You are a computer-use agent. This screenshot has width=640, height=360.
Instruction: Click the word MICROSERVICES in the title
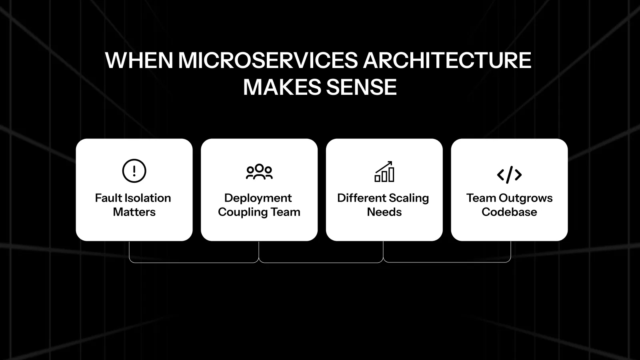coord(268,61)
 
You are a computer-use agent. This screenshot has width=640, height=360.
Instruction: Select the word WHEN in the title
coord(139,61)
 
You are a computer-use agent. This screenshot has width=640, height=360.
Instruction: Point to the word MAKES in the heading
coord(282,88)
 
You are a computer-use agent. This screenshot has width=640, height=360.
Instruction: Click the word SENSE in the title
coord(361,88)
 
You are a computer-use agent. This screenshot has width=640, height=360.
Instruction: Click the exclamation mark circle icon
coord(134,171)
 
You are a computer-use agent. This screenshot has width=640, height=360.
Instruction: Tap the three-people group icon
coord(259,172)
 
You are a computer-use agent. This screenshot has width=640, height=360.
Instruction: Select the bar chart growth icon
coord(384,172)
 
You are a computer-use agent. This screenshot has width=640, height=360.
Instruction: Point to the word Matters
coord(134,212)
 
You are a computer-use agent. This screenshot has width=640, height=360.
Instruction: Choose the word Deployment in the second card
coord(258,198)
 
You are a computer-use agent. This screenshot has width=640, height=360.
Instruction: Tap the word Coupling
coord(242,212)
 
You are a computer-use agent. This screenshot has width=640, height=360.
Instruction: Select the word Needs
coord(384,212)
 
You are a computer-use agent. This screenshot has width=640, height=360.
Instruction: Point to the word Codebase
coord(509,212)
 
